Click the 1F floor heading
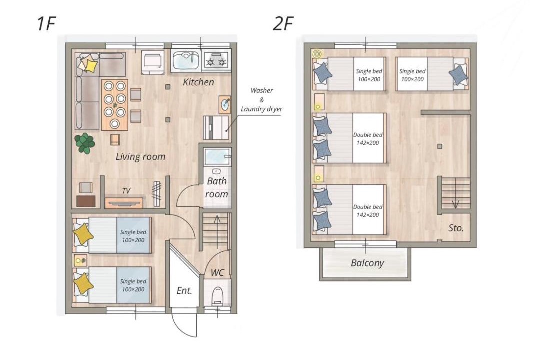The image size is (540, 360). (x=46, y=24)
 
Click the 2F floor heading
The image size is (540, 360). (x=283, y=24)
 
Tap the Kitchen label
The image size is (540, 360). (x=198, y=82)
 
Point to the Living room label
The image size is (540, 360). (x=140, y=157)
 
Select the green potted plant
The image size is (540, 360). (x=84, y=143)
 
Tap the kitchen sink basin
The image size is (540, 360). (x=185, y=60)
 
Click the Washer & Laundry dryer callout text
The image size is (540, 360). (x=261, y=100)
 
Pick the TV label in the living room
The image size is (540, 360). (x=126, y=191)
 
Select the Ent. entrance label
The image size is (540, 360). (x=184, y=291)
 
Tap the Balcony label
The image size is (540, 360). (x=367, y=263)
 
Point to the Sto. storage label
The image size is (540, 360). (x=456, y=228)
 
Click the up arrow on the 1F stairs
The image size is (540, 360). (x=217, y=231)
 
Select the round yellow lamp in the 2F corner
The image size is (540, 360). (x=317, y=54)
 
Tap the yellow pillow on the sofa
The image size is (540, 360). (x=90, y=66)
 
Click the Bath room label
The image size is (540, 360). (x=216, y=188)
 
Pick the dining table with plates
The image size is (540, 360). (x=115, y=105)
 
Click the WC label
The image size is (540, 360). (x=217, y=273)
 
